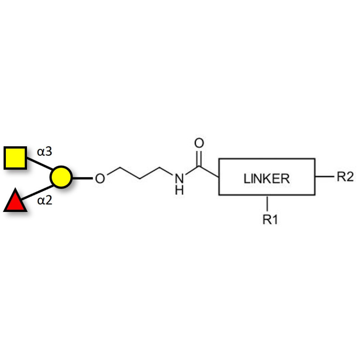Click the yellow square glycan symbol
[15, 157]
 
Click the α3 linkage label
[45, 151]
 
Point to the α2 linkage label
[45, 200]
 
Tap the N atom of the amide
[179, 178]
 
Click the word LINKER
[266, 179]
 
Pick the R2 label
[345, 177]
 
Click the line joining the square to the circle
[39, 164]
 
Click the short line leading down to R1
[268, 202]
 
